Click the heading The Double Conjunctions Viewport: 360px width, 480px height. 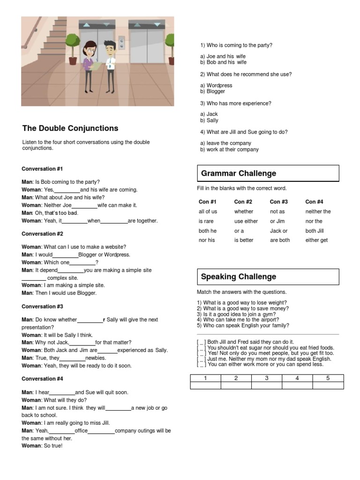click(70, 128)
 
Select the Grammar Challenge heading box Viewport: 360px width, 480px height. click(268, 173)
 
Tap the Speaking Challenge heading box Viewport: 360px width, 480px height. click(268, 277)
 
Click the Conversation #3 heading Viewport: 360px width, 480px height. click(42, 307)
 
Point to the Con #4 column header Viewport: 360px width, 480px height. click(314, 202)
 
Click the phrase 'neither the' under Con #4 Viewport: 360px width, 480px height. click(318, 212)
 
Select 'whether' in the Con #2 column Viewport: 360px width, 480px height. click(244, 212)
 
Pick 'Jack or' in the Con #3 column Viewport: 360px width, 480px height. click(279, 231)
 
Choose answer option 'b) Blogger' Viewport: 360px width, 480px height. click(213, 92)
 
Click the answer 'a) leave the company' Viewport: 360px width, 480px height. click(226, 143)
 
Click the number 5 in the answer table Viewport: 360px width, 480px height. click(328, 378)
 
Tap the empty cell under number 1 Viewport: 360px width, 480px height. click(205, 385)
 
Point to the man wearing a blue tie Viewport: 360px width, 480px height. click(110, 66)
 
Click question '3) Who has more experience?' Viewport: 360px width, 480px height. click(236, 104)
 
